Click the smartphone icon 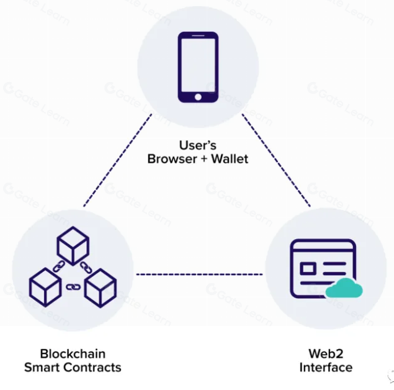point(197,66)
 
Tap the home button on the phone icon point(197,96)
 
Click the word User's point(197,145)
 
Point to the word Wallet point(230,159)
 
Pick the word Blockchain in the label point(73,354)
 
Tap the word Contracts point(94,368)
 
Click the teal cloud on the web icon point(343,288)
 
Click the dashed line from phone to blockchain point(118,160)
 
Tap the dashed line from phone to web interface point(276,160)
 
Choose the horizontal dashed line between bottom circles point(199,274)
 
